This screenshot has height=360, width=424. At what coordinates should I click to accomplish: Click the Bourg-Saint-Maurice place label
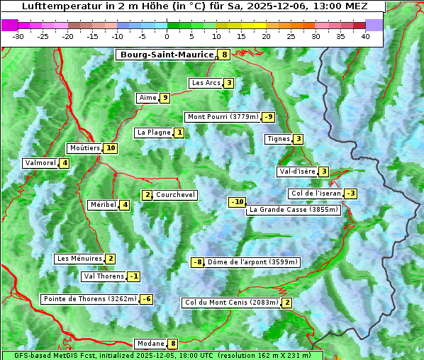[x=167, y=55]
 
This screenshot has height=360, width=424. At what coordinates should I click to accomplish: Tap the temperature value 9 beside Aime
[x=164, y=98]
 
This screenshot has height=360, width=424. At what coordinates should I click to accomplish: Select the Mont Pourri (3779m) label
[x=222, y=117]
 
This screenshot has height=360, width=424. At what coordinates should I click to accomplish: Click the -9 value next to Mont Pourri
[x=268, y=117]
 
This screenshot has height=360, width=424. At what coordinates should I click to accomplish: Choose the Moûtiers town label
[x=84, y=148]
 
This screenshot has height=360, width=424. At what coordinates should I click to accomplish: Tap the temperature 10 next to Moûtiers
[x=110, y=148]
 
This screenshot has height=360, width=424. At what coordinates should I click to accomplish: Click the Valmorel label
[x=40, y=163]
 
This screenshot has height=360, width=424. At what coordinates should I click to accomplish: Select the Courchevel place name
[x=176, y=195]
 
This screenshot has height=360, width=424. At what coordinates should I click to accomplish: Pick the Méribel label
[x=103, y=205]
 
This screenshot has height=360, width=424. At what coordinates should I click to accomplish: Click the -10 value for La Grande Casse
[x=238, y=202]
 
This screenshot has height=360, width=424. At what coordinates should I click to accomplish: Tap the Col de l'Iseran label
[x=316, y=193]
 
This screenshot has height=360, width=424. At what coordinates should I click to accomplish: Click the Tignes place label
[x=278, y=139]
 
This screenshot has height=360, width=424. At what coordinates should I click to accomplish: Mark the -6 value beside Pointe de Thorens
[x=146, y=299]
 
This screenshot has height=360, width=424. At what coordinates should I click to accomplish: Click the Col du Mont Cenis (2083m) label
[x=231, y=303]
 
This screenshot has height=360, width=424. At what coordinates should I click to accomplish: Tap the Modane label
[x=150, y=344]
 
